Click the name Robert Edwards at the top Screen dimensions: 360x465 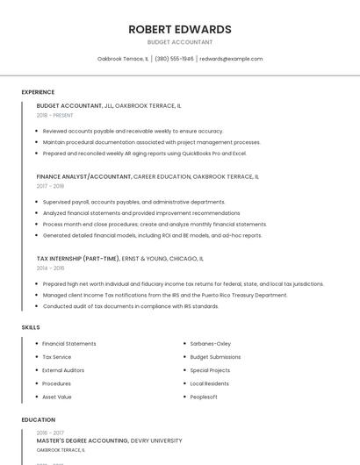(180, 29)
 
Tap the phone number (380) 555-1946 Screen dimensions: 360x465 (175, 59)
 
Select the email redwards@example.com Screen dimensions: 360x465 (231, 59)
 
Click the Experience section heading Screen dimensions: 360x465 (38, 92)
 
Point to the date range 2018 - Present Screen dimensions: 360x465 (54, 115)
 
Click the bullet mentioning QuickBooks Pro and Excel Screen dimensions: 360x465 (145, 154)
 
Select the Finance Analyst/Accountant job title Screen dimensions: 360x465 (84, 176)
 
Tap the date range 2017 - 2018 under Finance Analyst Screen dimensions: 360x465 (50, 186)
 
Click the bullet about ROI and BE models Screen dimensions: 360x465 (152, 235)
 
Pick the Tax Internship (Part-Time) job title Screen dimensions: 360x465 (77, 259)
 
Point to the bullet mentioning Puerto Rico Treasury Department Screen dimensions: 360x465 (165, 295)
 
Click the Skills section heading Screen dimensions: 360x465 (31, 327)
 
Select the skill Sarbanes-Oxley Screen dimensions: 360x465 (210, 344)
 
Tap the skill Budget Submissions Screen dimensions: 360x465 (215, 357)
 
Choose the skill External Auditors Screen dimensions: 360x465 (63, 370)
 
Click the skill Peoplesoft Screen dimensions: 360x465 (204, 397)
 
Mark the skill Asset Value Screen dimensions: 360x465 (56, 397)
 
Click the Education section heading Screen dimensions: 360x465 (39, 420)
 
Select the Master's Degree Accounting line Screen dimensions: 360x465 (110, 440)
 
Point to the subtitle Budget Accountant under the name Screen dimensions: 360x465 (180, 42)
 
